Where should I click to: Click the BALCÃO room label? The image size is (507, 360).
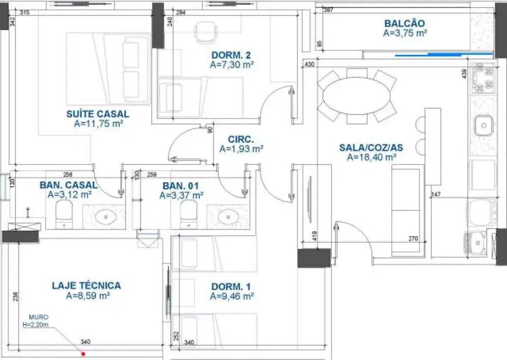pos(404,23)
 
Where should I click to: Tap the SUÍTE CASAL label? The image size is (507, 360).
pos(97,114)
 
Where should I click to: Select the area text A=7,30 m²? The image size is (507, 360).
pos(231,64)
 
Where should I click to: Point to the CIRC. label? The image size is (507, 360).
pos(241,140)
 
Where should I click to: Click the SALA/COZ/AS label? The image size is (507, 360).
pos(371,147)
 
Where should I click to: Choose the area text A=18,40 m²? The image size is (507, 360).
pos(371,157)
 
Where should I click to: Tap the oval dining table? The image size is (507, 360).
pos(356,96)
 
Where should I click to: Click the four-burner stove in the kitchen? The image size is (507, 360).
pos(484,78)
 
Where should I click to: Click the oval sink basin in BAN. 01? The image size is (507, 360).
pos(228,217)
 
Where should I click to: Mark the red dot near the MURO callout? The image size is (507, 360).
pos(83,354)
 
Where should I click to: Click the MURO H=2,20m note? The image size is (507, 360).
pos(36,321)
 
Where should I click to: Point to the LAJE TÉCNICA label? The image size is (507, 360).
pos(86,285)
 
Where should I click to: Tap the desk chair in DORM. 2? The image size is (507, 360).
pos(205,32)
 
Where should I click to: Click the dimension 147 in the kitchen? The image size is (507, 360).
pos(436,194)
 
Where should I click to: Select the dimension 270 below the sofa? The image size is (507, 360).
pos(413,239)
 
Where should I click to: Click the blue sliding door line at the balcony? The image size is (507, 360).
pos(444,55)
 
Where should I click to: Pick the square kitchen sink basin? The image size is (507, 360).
pos(484,125)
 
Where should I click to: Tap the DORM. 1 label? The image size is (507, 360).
pos(231,286)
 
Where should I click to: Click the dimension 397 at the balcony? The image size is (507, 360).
pos(328,10)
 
